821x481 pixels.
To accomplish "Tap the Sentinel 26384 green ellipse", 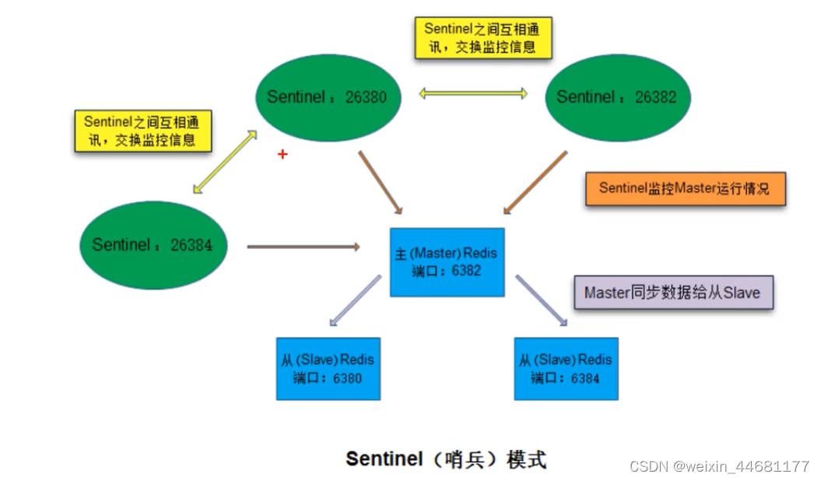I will [152, 245].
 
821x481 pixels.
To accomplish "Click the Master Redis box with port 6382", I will [447, 262].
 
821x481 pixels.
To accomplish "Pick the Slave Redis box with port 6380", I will [328, 368].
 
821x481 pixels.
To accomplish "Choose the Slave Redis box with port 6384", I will [566, 368].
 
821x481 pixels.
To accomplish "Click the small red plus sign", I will [282, 155].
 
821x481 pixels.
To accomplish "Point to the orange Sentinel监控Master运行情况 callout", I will [685, 188].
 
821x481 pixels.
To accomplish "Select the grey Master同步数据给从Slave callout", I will [673, 293].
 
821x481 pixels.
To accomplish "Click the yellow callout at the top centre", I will [482, 38].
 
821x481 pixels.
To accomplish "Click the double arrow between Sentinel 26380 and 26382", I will [473, 94].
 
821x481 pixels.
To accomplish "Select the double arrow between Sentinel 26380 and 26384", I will [225, 161].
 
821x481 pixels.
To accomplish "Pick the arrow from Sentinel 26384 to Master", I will [303, 248].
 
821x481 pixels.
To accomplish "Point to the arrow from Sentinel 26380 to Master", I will [380, 182].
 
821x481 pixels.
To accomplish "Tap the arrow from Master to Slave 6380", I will [355, 299].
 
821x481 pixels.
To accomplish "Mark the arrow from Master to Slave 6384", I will [541, 299].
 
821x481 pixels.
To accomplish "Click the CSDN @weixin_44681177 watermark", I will [719, 466].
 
